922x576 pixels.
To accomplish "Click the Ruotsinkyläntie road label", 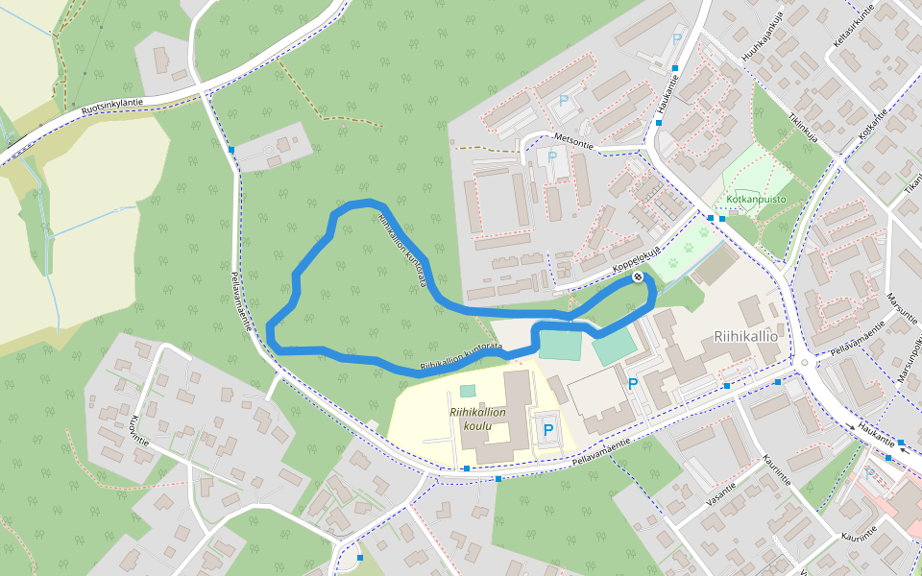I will tap(112, 108).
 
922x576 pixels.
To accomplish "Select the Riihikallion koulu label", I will tap(477, 419).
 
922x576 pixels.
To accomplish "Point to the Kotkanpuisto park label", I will tap(756, 200).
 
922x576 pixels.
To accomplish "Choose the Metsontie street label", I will tap(574, 138).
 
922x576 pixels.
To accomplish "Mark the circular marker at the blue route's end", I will tap(638, 277).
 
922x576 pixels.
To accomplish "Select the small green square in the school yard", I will tap(467, 391).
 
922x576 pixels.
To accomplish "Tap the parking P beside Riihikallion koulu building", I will tap(547, 430).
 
